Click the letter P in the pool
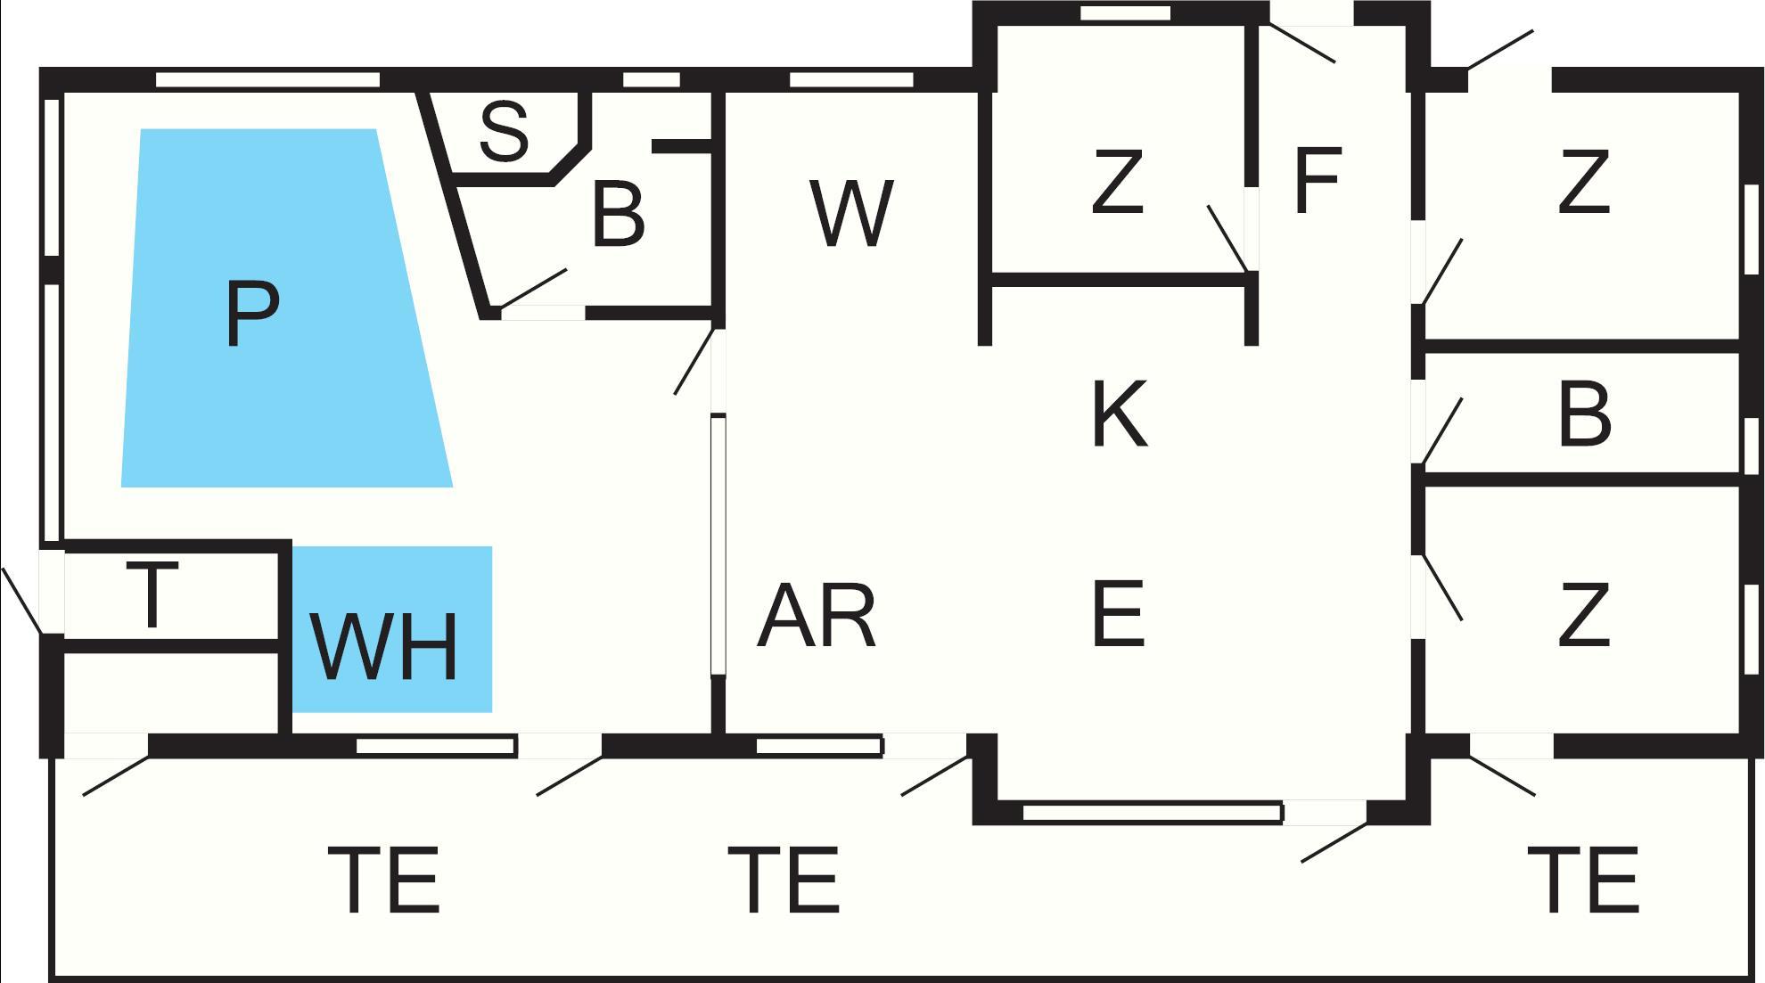pyautogui.click(x=252, y=315)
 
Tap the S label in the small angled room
pyautogui.click(x=504, y=132)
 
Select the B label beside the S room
pyautogui.click(x=617, y=216)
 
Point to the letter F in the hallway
pyautogui.click(x=1317, y=182)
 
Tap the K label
pyautogui.click(x=1119, y=414)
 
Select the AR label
pyautogui.click(x=816, y=616)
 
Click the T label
pyautogui.click(x=152, y=594)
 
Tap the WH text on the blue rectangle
pyautogui.click(x=384, y=646)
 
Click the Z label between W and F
pyautogui.click(x=1117, y=183)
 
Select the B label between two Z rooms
pyautogui.click(x=1584, y=415)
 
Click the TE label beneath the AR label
pyautogui.click(x=784, y=881)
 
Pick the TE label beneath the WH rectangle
pyautogui.click(x=384, y=881)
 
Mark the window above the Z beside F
pyautogui.click(x=1125, y=13)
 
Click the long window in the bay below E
pyautogui.click(x=1151, y=812)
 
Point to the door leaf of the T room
pyautogui.click(x=21, y=601)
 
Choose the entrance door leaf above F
pyautogui.click(x=1301, y=44)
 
